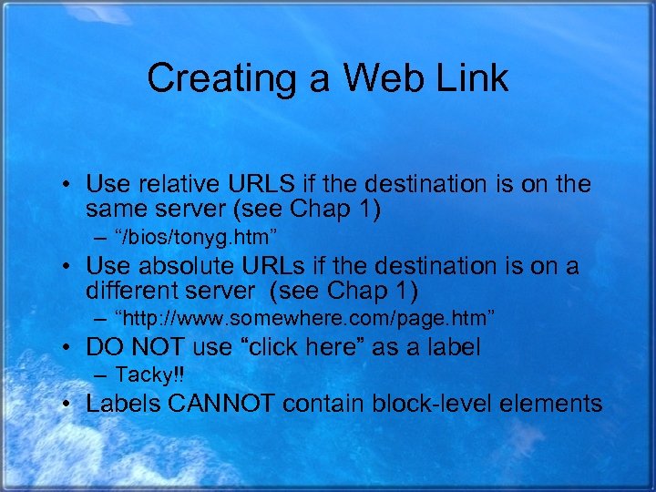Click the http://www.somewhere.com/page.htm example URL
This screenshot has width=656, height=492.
304,320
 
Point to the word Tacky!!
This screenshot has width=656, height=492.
149,375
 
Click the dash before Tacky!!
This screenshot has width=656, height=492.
98,375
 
